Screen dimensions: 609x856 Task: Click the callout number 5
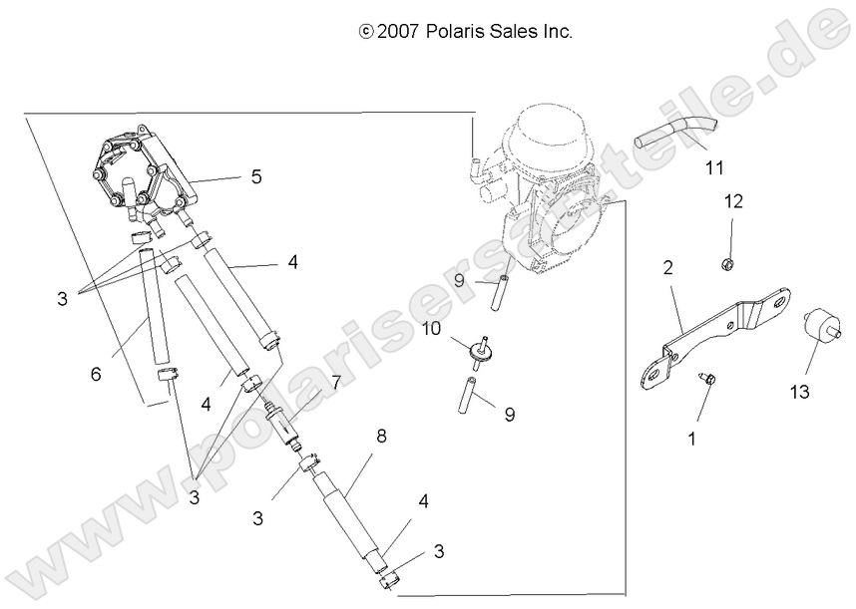point(256,177)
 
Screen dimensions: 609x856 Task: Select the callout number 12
point(733,201)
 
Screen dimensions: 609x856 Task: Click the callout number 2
point(667,268)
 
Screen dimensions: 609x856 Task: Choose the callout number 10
point(430,328)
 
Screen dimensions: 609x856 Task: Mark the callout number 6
point(96,374)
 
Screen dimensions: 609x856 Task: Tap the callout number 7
point(336,382)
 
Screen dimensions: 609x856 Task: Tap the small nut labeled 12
point(726,265)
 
